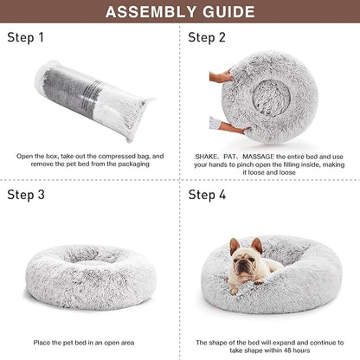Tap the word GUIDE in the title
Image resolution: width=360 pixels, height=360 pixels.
[234, 13]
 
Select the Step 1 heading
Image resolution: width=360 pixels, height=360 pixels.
[27, 38]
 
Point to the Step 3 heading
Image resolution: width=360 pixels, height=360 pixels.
[27, 196]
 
